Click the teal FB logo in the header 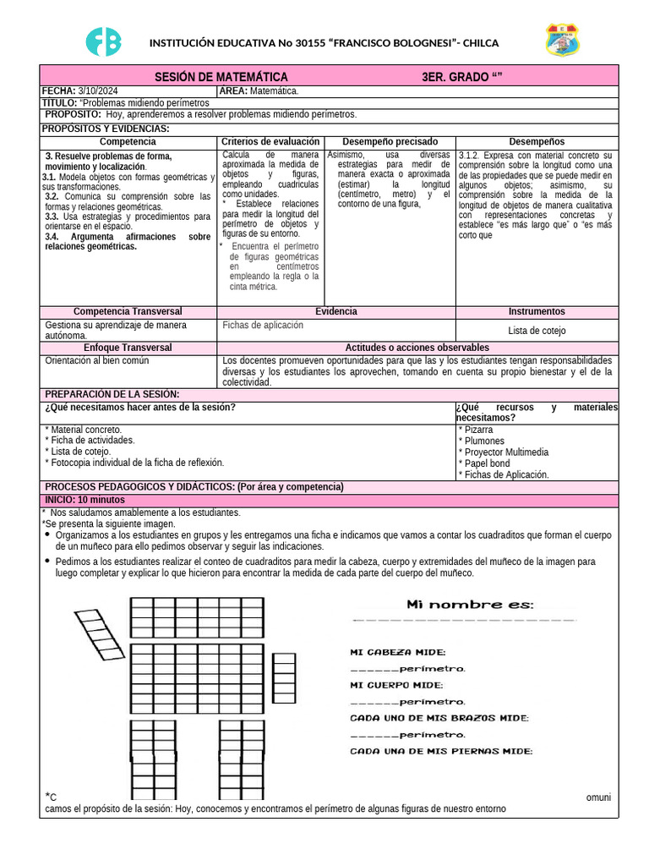pos(104,41)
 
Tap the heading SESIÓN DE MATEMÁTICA pos(215,77)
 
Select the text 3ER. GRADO pos(461,77)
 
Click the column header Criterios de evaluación pos(270,141)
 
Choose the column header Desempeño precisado pos(390,141)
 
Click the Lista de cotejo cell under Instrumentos pos(537,331)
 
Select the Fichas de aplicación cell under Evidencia pos(263,325)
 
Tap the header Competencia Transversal pos(128,312)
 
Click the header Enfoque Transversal pos(128,348)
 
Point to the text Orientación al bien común pos(96,360)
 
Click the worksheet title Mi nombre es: pos(470,604)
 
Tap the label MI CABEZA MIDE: pos(398,652)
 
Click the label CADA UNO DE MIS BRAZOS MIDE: pos(439,718)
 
